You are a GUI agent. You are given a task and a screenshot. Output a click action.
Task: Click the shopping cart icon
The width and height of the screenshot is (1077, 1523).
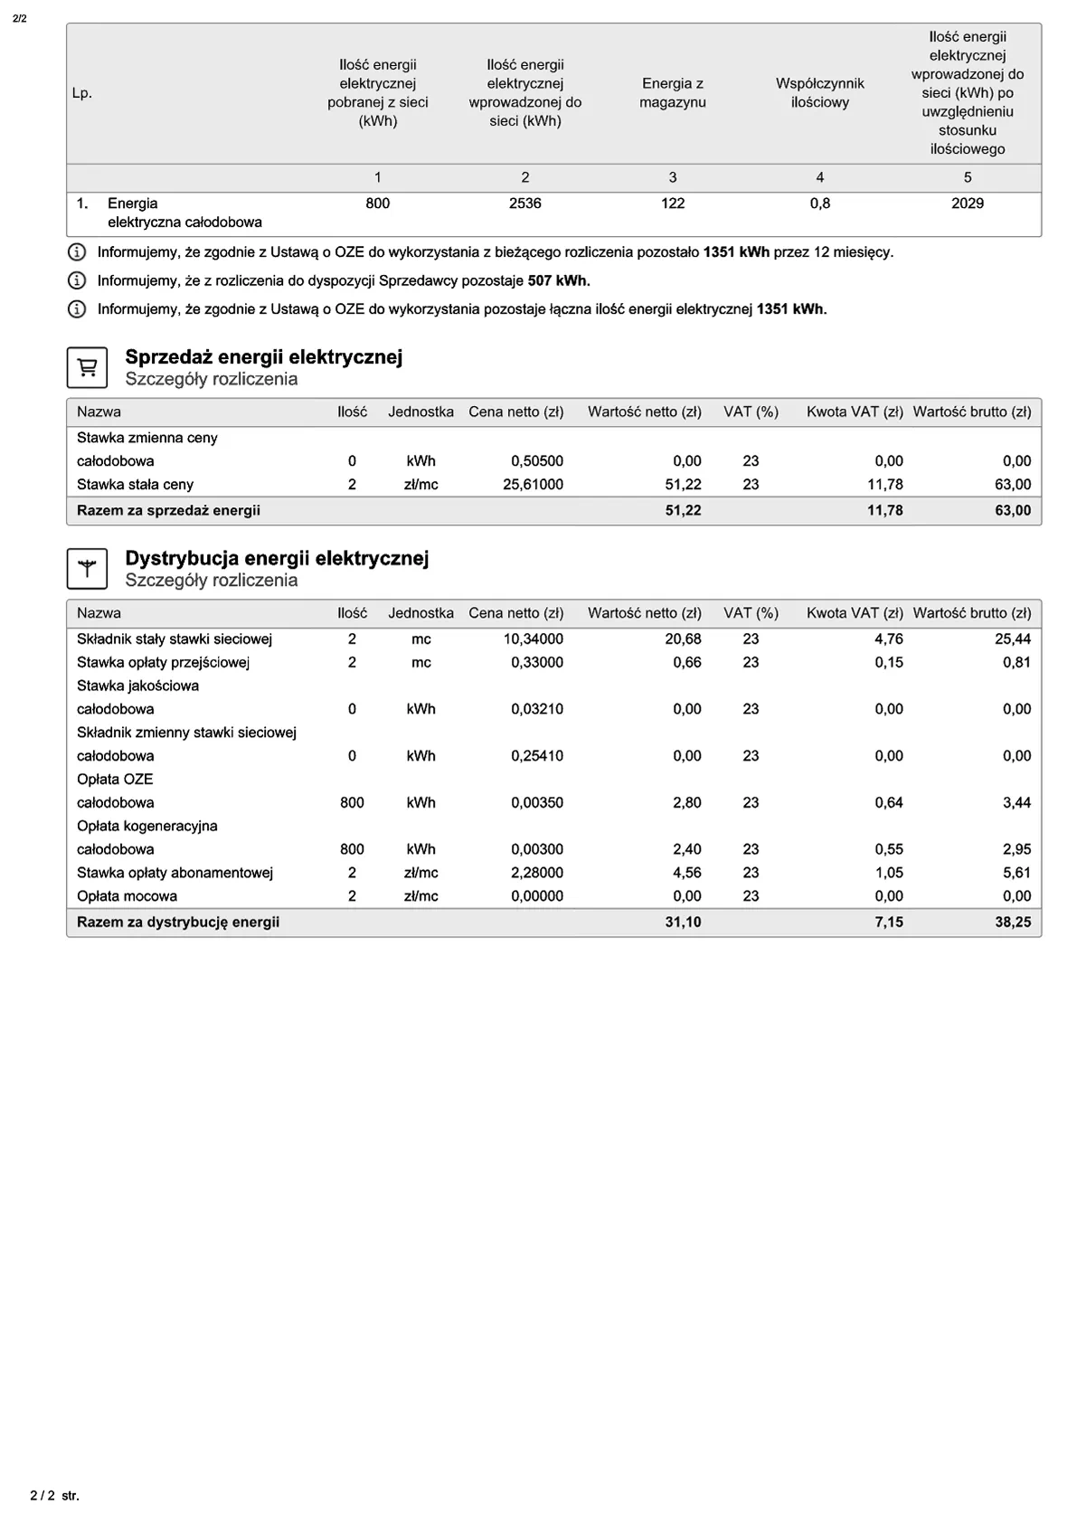coord(87,367)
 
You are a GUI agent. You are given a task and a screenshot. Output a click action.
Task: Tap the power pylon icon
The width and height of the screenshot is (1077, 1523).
coord(87,569)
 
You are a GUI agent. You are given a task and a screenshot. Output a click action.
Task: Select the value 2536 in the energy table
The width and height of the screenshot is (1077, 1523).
coord(524,203)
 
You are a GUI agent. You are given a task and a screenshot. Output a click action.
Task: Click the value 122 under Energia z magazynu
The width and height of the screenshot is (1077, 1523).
coord(672,203)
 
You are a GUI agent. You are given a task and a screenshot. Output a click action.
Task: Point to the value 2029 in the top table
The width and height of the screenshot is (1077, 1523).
coord(967,203)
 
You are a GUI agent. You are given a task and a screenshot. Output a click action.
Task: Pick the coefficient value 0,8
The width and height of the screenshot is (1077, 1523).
coord(819,203)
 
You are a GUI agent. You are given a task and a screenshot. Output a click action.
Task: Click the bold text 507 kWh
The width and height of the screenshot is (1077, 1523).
coord(559,280)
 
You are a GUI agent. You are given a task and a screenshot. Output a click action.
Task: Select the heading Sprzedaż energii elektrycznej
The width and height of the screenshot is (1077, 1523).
coord(263,357)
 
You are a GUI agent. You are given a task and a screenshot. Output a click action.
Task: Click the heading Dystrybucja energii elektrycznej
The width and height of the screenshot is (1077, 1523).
coord(277,558)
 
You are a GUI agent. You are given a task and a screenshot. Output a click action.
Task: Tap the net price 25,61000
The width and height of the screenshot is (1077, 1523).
coord(533,485)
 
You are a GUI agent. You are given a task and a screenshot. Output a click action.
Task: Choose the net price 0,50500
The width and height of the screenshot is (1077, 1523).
coord(537,461)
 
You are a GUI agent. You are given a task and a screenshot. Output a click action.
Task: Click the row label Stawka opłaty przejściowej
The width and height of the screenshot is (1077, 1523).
coord(163,662)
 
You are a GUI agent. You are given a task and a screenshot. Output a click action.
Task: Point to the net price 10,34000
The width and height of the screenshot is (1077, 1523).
coord(533,639)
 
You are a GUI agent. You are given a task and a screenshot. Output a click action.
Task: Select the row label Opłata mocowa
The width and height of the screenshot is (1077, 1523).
coord(127,896)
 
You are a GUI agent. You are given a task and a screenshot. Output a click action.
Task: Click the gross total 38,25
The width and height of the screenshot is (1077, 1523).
coord(1013,922)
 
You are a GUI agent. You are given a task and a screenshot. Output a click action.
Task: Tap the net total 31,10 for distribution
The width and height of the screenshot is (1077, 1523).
coord(683,922)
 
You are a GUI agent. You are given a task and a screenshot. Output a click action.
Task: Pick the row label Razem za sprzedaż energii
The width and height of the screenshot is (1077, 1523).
coord(168,511)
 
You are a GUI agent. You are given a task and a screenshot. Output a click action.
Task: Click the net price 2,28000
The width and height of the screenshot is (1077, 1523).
coord(537,873)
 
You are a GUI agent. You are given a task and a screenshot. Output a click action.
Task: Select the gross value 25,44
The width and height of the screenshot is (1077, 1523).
coord(1013,639)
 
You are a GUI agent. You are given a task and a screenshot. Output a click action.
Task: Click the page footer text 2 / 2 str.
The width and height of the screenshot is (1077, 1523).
coord(55,1496)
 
